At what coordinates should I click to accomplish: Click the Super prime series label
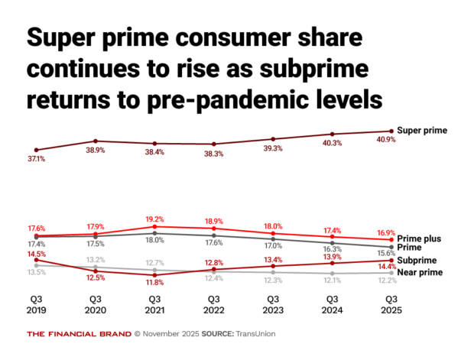[422, 131]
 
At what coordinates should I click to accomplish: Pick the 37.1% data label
[36, 159]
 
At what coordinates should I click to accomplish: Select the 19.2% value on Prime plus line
[155, 218]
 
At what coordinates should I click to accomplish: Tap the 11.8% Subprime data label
[155, 283]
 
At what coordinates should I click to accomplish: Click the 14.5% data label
[36, 253]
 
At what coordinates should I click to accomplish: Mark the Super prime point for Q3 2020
[95, 141]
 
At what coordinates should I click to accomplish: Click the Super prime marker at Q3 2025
[391, 131]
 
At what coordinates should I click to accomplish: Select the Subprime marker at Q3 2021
[154, 274]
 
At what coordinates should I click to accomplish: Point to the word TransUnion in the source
[254, 334]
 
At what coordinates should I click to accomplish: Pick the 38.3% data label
[214, 154]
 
